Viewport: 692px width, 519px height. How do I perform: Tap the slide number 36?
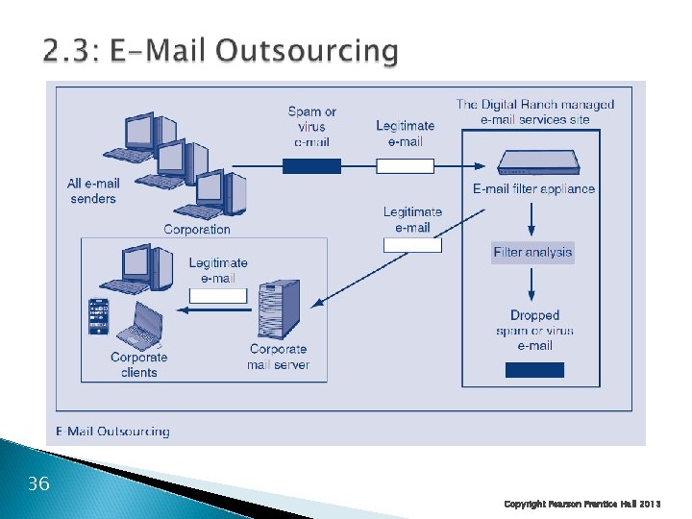pyautogui.click(x=38, y=483)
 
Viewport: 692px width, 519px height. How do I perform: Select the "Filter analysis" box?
pyautogui.click(x=532, y=253)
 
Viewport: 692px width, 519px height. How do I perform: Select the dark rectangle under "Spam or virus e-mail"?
pyautogui.click(x=311, y=165)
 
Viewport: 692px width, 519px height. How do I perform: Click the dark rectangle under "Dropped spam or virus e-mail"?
pyautogui.click(x=534, y=369)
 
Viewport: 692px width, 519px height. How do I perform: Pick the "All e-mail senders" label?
pyautogui.click(x=93, y=191)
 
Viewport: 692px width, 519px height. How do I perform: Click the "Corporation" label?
pyautogui.click(x=197, y=230)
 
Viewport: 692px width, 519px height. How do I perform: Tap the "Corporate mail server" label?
pyautogui.click(x=278, y=357)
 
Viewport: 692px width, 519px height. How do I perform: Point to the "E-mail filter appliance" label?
pyautogui.click(x=533, y=189)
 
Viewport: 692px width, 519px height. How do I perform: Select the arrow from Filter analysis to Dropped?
pyautogui.click(x=532, y=284)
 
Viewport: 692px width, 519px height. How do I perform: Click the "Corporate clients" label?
pyautogui.click(x=138, y=364)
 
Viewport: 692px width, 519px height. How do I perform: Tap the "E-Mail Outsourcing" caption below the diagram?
pyautogui.click(x=111, y=432)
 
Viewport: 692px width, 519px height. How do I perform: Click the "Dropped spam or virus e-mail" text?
pyautogui.click(x=534, y=330)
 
